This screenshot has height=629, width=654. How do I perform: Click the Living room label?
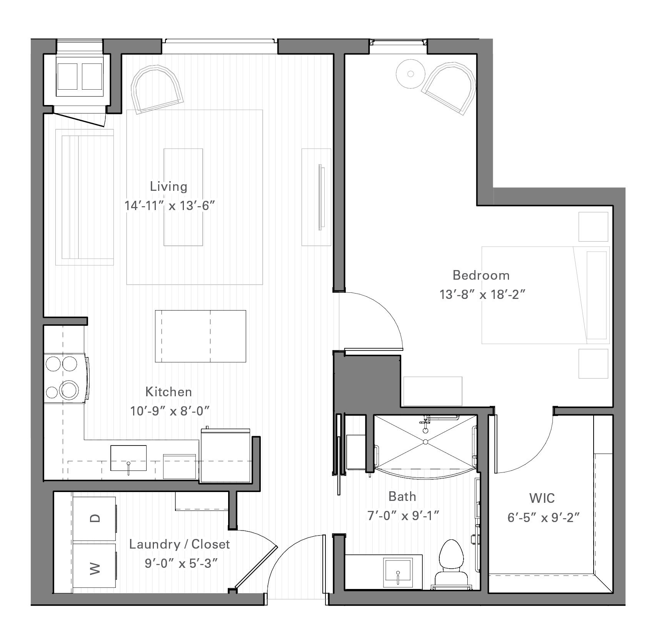click(x=169, y=187)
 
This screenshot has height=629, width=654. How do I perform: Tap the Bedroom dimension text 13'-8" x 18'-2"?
click(x=482, y=295)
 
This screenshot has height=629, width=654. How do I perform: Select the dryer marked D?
click(x=95, y=518)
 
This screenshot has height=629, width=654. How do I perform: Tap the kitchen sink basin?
click(x=128, y=458)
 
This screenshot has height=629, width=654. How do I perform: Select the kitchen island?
click(x=200, y=336)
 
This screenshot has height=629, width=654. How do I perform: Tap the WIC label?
click(x=542, y=498)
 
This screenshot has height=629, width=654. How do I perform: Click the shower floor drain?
click(x=426, y=442)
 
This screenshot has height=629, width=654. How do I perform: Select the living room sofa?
click(x=85, y=197)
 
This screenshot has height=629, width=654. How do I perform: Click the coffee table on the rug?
click(x=183, y=197)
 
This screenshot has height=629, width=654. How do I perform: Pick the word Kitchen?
click(x=169, y=392)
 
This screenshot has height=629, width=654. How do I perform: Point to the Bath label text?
click(x=402, y=496)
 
